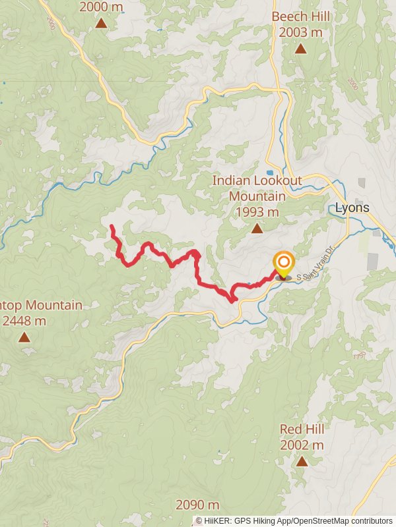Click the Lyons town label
pyautogui.click(x=352, y=208)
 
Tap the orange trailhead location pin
pyautogui.click(x=284, y=265)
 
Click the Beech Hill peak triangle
pyautogui.click(x=300, y=49)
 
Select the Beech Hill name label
pyautogui.click(x=300, y=16)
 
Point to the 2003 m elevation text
pyautogui.click(x=300, y=32)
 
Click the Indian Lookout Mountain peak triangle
pyautogui.click(x=256, y=229)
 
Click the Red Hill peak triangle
pyautogui.click(x=302, y=461)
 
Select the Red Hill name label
pyautogui.click(x=302, y=430)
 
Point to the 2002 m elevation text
pyautogui.click(x=302, y=445)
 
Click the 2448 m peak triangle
pyautogui.click(x=24, y=337)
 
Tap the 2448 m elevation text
pyautogui.click(x=24, y=321)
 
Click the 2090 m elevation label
pyautogui.click(x=197, y=505)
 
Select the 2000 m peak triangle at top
pyautogui.click(x=101, y=23)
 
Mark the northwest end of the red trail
pyautogui.click(x=112, y=227)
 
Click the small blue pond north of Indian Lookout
pyautogui.click(x=270, y=173)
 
